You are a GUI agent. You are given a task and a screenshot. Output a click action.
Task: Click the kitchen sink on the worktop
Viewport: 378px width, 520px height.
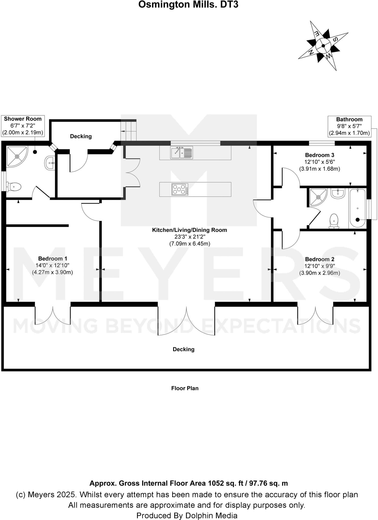(x=182, y=152)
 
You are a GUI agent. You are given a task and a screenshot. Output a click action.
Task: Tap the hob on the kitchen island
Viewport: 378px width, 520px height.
(x=180, y=189)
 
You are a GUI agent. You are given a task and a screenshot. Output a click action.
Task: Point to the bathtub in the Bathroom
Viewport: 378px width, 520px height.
(x=357, y=208)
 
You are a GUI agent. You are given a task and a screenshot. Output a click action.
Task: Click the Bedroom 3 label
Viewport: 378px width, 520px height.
(x=319, y=155)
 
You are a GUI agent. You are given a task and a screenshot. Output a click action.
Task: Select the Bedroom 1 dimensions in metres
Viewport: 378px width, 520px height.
(x=52, y=272)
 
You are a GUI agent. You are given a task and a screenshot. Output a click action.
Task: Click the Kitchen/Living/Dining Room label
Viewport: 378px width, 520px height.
(x=189, y=230)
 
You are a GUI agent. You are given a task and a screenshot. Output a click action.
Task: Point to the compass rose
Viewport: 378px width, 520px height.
(x=323, y=46)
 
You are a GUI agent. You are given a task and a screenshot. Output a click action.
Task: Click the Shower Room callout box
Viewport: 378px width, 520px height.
(x=23, y=125)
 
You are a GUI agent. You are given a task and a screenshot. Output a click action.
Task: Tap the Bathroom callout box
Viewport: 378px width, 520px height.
(x=349, y=126)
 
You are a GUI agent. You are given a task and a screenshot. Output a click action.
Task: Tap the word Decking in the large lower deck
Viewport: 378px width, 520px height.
(x=184, y=349)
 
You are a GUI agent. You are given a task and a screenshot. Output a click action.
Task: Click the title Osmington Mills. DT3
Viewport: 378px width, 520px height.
(x=188, y=5)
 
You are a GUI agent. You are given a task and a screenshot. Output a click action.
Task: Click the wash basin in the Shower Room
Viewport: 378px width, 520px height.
(x=49, y=163)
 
